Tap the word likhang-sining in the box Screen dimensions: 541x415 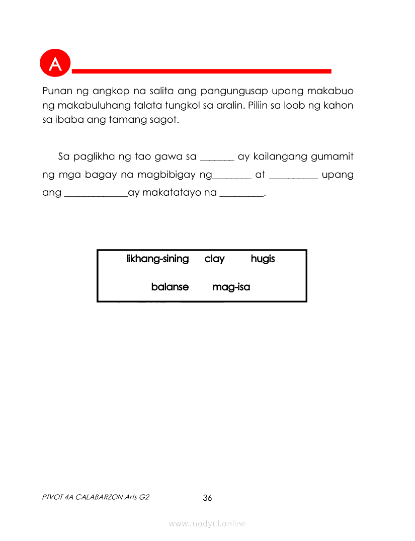[157, 259]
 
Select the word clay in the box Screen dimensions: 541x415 [215, 259]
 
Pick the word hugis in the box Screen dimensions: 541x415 [263, 259]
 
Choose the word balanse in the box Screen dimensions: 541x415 [170, 287]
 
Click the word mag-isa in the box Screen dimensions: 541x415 [231, 287]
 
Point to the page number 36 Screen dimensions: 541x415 [207, 498]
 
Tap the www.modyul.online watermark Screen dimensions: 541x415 [207, 524]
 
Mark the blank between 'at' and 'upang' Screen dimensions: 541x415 [293, 177]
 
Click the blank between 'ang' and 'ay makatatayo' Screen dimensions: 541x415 [96, 195]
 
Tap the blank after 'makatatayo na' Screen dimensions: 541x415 [242, 195]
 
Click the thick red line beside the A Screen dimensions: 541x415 [201, 71]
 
